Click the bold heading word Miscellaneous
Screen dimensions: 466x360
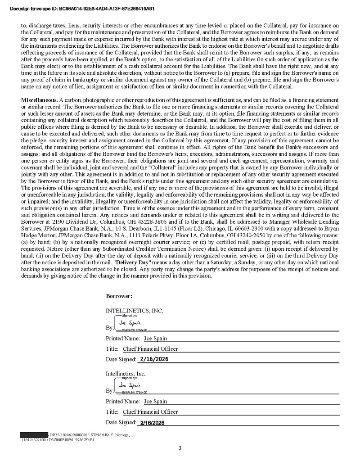tap(39, 100)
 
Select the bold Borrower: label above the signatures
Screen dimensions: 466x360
tap(119, 296)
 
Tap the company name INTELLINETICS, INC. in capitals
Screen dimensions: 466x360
tap(134, 311)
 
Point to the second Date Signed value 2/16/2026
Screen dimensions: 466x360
tap(153, 423)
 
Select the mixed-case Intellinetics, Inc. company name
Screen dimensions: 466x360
tap(126, 374)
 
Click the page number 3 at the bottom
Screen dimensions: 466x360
tap(180, 448)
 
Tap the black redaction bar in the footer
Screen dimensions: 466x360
tap(34, 434)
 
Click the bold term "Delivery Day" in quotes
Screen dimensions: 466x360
tap(132, 262)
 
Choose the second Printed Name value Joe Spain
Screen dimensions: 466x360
tap(155, 401)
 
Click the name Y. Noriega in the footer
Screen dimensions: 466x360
tap(118, 434)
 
